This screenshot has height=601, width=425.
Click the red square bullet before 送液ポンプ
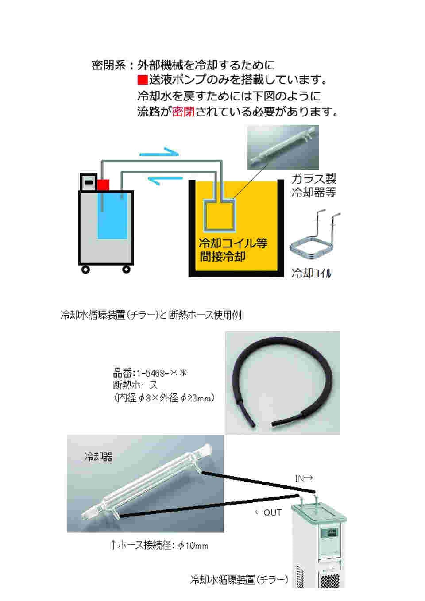142,80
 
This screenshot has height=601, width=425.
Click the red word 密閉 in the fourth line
183,112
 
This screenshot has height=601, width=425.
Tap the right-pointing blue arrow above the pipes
159,152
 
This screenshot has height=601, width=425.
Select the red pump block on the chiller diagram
103,185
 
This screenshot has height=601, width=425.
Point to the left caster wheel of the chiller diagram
85,269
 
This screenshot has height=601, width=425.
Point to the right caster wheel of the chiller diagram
127,269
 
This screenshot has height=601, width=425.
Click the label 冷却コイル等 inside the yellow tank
233,243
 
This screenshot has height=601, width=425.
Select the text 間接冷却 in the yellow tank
222,257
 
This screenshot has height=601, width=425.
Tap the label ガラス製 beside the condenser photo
313,179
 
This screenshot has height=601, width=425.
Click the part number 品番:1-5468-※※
150,373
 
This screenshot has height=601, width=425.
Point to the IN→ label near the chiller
304,478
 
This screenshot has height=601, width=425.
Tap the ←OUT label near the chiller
268,512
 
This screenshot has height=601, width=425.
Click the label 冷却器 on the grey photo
98,457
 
